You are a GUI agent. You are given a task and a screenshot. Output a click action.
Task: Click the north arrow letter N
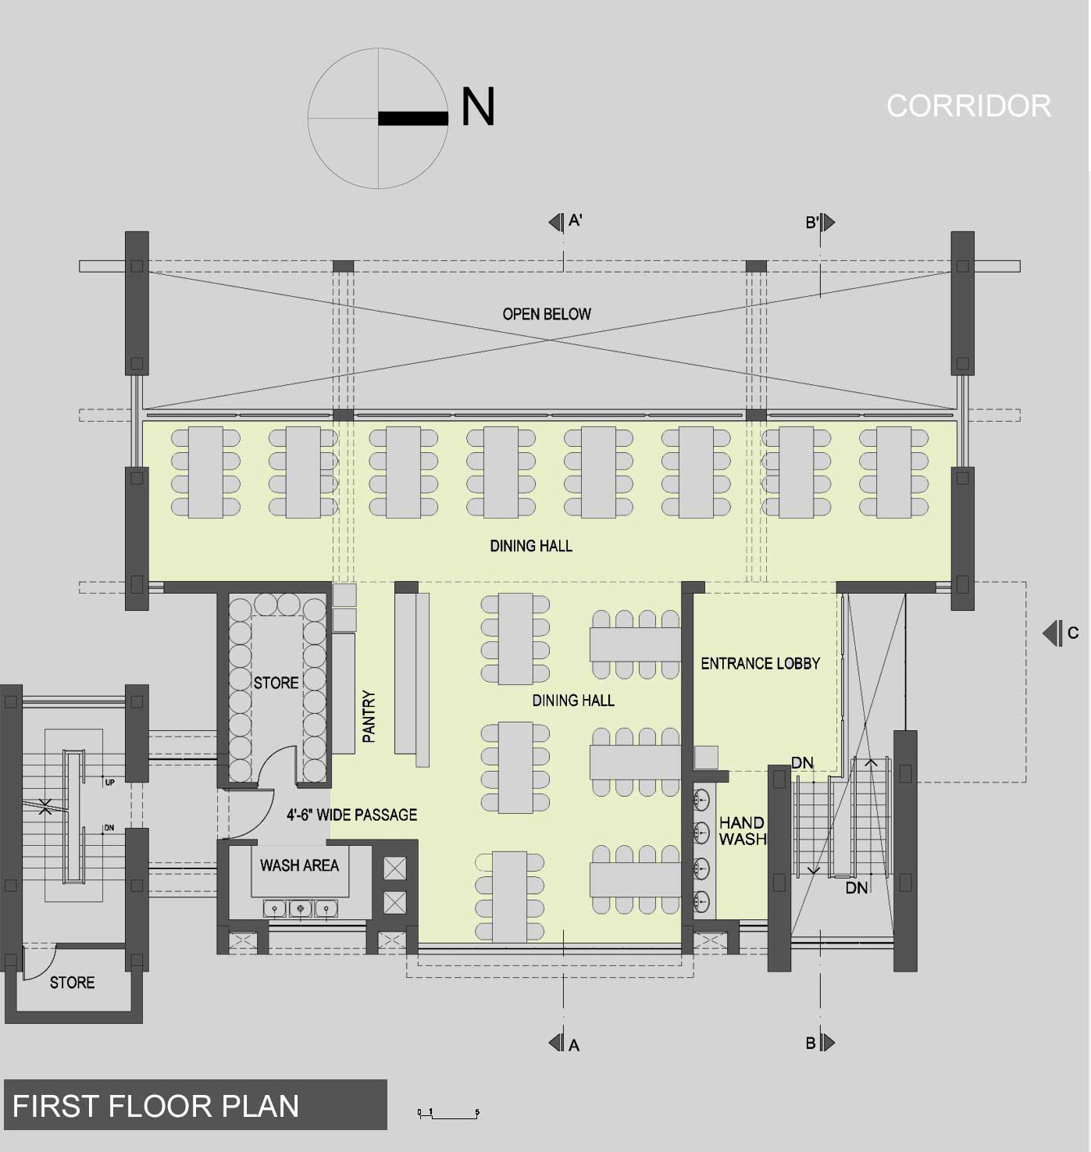[x=478, y=107]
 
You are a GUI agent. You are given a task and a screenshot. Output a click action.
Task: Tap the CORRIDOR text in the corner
[x=968, y=106]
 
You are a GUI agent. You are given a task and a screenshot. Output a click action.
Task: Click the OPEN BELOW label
[x=547, y=314]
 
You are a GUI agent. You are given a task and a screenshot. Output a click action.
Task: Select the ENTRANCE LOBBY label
[x=760, y=664]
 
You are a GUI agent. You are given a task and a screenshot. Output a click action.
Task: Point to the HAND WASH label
[x=742, y=831]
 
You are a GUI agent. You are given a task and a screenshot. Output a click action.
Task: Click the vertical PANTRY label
[x=369, y=716]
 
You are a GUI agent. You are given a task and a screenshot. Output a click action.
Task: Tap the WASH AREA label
[x=299, y=865]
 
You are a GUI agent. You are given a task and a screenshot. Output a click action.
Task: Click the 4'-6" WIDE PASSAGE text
[x=351, y=815]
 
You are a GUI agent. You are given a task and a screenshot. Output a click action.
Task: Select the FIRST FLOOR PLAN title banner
[x=195, y=1105]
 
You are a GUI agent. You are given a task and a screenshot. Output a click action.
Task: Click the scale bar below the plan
[x=448, y=1114]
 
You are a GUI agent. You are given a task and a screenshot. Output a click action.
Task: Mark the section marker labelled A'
[x=565, y=222]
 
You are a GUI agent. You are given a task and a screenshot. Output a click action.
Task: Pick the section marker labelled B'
[x=820, y=223]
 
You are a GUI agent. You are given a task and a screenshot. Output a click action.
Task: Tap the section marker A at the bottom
[x=565, y=1043]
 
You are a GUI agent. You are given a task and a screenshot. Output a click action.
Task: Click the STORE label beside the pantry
[x=276, y=683]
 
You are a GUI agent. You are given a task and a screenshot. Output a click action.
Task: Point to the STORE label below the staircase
[x=72, y=983]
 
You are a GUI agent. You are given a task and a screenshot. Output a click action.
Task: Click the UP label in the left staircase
[x=109, y=782]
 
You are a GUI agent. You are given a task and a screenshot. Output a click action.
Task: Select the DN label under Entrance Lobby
[x=802, y=762]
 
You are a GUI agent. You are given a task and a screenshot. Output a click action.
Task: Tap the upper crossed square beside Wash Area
[x=395, y=868]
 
